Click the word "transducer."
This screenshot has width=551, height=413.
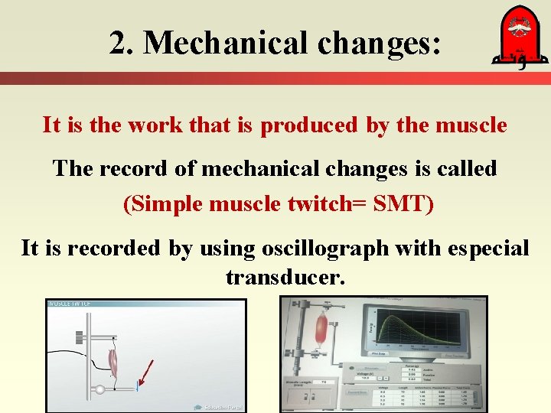pos(285,277)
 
